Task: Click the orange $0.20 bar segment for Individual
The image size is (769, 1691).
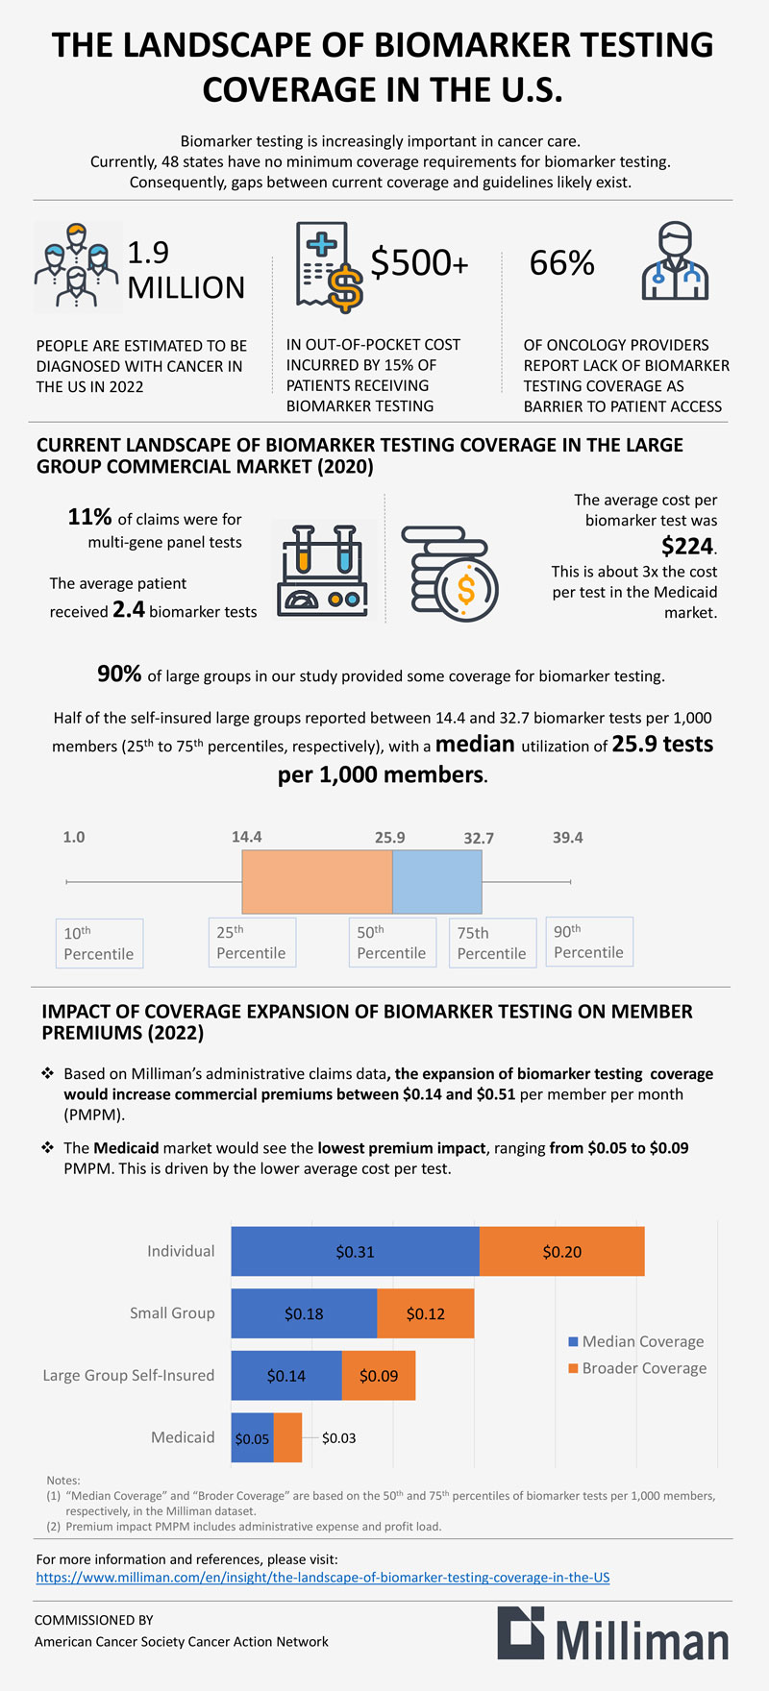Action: [x=561, y=1251]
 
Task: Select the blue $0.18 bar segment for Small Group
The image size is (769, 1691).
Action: [x=304, y=1313]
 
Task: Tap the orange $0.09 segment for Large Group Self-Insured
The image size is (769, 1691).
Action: [x=379, y=1375]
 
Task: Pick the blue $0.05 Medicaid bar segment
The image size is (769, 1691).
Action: [x=252, y=1437]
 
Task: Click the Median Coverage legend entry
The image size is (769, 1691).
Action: [x=636, y=1341]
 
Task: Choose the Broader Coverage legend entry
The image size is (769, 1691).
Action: [x=637, y=1368]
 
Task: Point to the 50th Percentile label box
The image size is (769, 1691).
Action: [x=391, y=943]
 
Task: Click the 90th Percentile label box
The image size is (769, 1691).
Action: [x=589, y=942]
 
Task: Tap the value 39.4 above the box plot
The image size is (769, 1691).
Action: [x=567, y=837]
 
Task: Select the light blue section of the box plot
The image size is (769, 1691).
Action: [x=436, y=881]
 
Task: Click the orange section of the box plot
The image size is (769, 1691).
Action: [x=316, y=881]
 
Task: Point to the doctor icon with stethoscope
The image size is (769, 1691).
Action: [x=675, y=261]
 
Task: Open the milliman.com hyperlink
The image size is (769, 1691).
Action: [x=323, y=1577]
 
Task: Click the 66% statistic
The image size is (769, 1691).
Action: [x=562, y=262]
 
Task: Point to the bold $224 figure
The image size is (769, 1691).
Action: [x=687, y=546]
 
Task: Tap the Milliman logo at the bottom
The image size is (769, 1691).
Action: [x=613, y=1633]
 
